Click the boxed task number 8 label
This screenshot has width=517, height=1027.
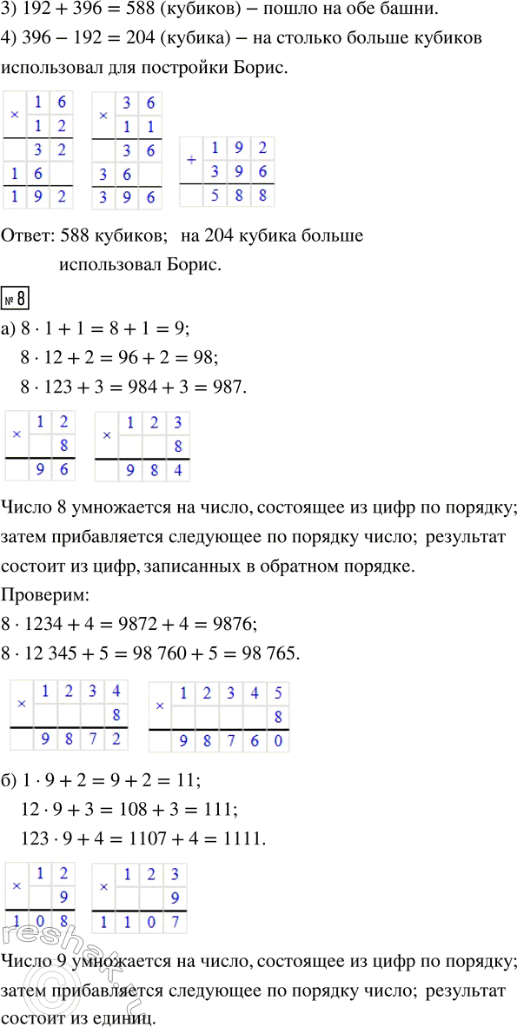click(18, 298)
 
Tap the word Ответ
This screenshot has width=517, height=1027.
click(29, 235)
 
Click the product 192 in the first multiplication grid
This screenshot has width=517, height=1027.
click(40, 196)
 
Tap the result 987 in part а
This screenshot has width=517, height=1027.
click(229, 385)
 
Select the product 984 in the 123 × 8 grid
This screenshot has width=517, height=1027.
click(154, 469)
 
